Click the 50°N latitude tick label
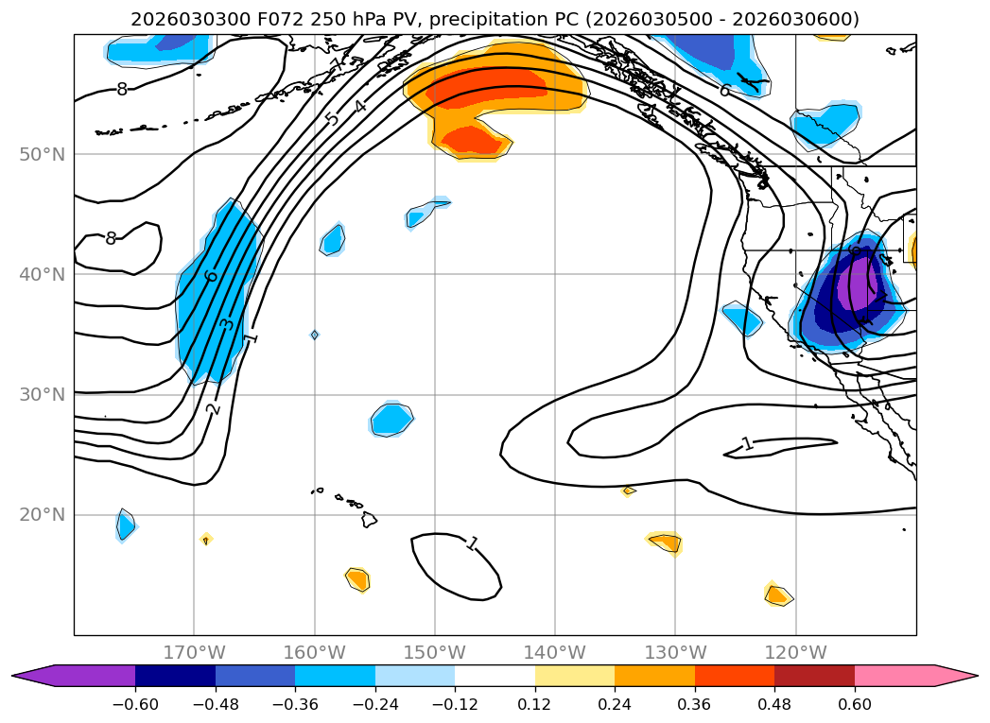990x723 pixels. click(42, 154)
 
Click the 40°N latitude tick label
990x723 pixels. click(42, 274)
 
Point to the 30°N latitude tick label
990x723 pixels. click(42, 395)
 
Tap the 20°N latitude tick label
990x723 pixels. click(42, 515)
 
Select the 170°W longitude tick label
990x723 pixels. click(194, 652)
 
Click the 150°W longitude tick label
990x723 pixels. click(435, 652)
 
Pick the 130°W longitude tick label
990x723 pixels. click(675, 652)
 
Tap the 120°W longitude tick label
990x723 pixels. click(795, 652)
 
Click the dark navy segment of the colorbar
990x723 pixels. click(175, 676)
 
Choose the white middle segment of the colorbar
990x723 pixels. click(495, 676)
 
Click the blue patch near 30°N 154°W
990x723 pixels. click(391, 419)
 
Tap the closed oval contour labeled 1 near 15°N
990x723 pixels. click(455, 565)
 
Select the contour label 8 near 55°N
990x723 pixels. click(122, 90)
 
